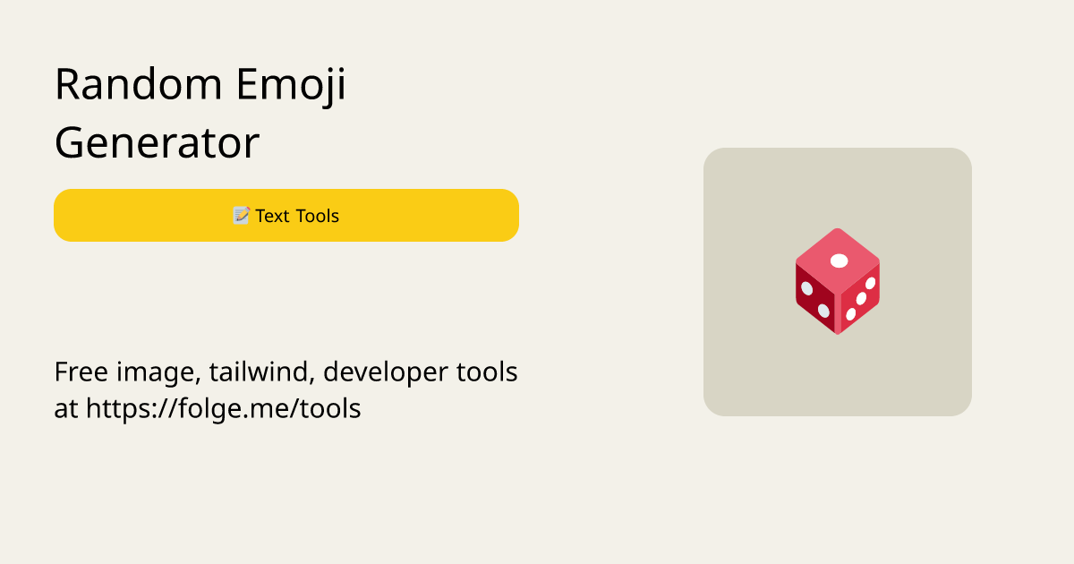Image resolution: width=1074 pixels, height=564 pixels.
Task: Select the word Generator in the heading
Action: (x=157, y=143)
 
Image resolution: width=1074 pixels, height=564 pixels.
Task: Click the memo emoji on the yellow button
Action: (x=241, y=216)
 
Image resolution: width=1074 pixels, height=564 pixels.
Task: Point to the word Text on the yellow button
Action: (x=272, y=216)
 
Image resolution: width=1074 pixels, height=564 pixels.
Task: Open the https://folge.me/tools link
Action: (x=224, y=409)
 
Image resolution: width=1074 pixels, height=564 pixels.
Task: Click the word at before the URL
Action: (x=65, y=409)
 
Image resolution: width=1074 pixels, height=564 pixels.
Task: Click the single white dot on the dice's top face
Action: (x=839, y=261)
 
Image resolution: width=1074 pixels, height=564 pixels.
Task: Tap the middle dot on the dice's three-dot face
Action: (x=861, y=298)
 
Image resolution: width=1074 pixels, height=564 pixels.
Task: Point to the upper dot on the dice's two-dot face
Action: (x=807, y=288)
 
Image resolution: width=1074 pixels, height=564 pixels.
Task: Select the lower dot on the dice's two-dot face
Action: (x=823, y=311)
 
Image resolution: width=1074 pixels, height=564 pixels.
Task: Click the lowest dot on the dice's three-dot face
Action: (x=850, y=314)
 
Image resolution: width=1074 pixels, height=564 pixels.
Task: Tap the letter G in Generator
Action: (x=71, y=143)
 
